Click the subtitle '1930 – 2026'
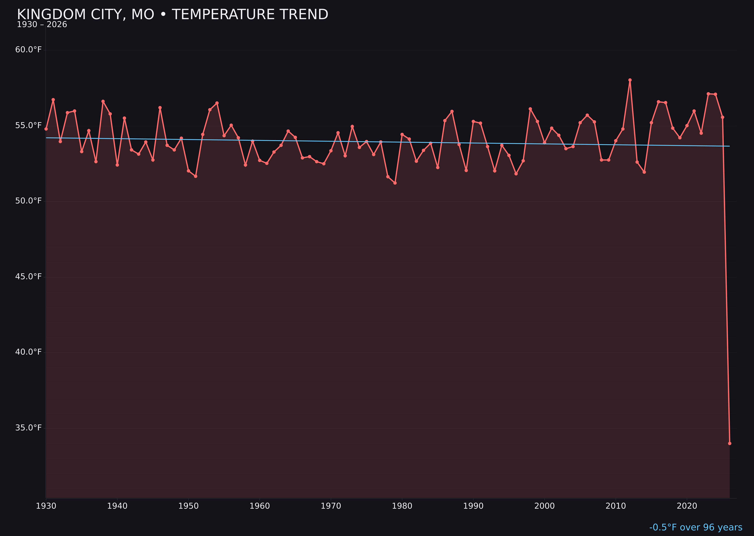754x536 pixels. coord(42,25)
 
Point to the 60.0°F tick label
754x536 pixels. coord(28,50)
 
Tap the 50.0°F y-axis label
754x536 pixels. coord(28,201)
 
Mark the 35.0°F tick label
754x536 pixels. coord(28,428)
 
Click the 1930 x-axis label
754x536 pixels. coord(46,506)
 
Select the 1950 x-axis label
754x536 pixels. coord(188,506)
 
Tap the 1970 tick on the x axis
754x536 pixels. coord(331,506)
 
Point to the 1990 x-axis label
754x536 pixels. coord(473,506)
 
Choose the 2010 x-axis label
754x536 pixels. coord(616,506)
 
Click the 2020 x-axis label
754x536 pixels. coord(687,506)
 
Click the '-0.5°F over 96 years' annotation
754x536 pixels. coord(696,527)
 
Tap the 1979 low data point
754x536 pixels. coord(395,183)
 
